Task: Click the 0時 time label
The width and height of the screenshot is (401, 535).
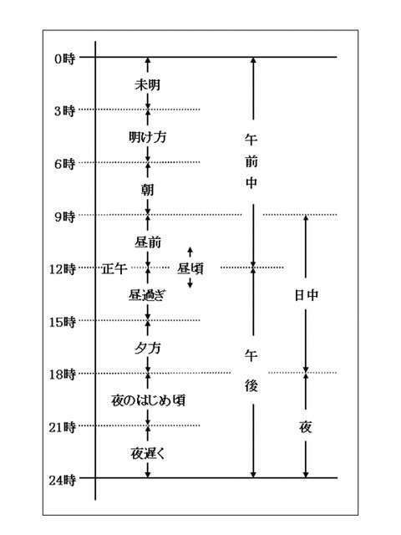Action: tap(64, 59)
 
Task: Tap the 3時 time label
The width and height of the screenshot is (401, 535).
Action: tap(64, 111)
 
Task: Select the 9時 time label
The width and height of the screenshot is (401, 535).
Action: tap(64, 217)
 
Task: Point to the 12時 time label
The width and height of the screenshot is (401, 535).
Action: tap(62, 269)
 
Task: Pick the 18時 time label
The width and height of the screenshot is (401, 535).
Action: tap(62, 374)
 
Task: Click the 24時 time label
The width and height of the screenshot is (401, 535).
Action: tap(62, 480)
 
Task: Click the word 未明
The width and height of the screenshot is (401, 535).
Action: tap(147, 84)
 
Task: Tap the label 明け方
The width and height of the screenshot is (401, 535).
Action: tap(147, 137)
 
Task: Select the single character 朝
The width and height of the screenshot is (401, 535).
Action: tap(148, 190)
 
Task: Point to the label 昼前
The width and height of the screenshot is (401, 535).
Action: tap(148, 242)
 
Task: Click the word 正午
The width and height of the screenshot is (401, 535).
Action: tap(114, 269)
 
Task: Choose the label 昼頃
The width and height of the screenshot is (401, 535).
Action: tap(190, 269)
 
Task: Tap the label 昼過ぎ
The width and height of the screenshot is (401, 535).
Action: tap(147, 295)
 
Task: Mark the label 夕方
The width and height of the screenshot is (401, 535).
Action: tap(147, 348)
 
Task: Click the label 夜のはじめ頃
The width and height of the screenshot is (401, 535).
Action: tap(149, 400)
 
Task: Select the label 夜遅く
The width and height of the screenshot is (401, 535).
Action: tap(148, 453)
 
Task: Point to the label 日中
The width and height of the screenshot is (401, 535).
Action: tap(307, 295)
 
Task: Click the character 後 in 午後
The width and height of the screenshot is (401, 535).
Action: tap(251, 386)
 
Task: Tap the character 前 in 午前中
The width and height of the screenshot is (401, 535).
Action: tap(251, 161)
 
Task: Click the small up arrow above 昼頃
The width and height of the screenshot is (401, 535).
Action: tap(190, 252)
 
